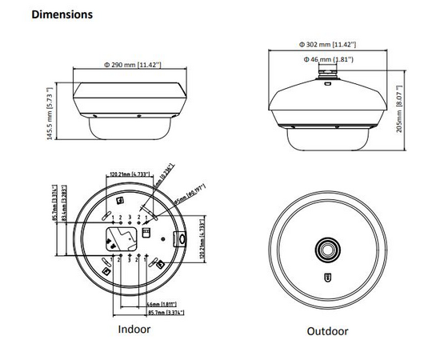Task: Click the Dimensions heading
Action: click(61, 14)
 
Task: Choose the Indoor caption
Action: click(134, 329)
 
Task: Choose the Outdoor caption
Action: click(328, 330)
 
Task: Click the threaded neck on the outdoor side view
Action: click(329, 74)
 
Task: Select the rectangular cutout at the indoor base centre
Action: click(120, 238)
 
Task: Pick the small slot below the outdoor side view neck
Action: click(329, 86)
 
